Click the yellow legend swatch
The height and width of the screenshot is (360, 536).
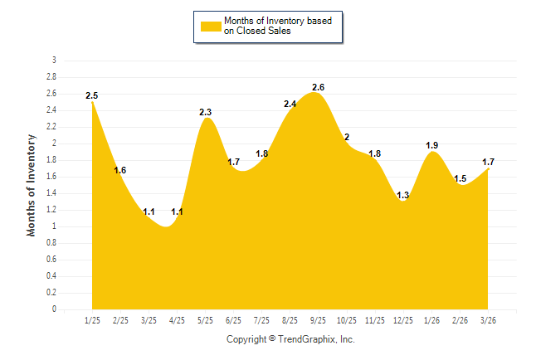click(x=211, y=26)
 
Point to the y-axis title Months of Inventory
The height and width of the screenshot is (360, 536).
click(x=32, y=185)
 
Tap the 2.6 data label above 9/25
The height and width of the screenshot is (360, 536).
click(x=319, y=87)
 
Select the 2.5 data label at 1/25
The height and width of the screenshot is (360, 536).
click(x=92, y=96)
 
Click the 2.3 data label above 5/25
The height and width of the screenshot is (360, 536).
click(x=206, y=112)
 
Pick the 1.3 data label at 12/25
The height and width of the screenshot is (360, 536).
click(x=403, y=196)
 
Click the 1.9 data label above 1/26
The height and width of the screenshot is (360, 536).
click(x=432, y=146)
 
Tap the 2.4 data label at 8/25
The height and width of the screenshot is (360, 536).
click(x=290, y=104)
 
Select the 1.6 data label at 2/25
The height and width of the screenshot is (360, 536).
click(x=120, y=170)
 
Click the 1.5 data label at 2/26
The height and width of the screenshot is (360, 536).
click(x=460, y=178)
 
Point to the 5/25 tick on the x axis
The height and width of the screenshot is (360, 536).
click(x=205, y=320)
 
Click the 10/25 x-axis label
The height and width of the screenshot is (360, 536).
click(x=347, y=320)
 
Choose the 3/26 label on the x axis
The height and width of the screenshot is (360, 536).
click(x=489, y=320)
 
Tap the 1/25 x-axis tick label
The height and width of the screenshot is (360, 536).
click(x=92, y=320)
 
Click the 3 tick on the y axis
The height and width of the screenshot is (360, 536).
click(x=54, y=61)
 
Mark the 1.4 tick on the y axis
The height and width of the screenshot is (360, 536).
click(x=51, y=193)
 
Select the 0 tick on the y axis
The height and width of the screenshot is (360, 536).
click(x=54, y=309)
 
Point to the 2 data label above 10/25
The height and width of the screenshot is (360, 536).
click(x=347, y=137)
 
